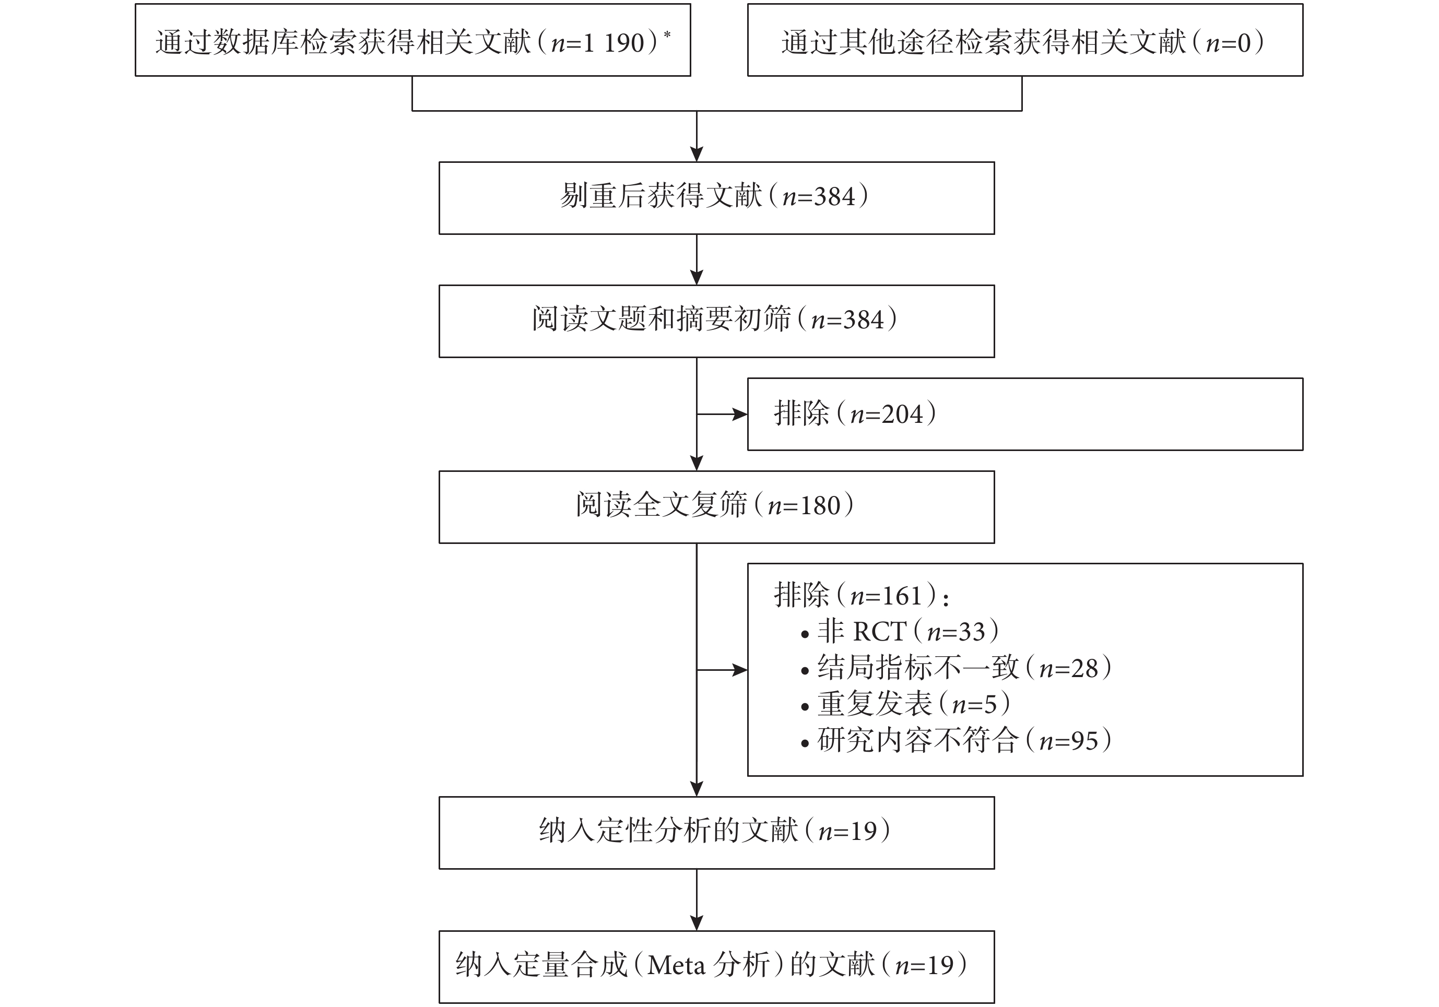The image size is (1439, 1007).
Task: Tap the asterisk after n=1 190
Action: click(667, 34)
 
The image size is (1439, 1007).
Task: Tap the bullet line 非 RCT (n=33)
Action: click(900, 632)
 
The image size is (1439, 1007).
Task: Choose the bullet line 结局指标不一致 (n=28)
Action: click(957, 668)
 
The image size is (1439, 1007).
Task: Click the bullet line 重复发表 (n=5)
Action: click(906, 704)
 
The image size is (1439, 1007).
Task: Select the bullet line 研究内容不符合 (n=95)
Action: click(957, 741)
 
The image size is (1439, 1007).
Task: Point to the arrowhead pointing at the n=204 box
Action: click(740, 414)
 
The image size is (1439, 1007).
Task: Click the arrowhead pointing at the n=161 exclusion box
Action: click(740, 670)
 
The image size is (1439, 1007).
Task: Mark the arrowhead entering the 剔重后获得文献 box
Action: click(697, 154)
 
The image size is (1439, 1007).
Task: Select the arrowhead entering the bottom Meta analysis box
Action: click(697, 923)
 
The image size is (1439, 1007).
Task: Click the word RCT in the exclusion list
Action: click(880, 632)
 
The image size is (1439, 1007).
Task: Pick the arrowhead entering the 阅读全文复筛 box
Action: click(697, 463)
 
